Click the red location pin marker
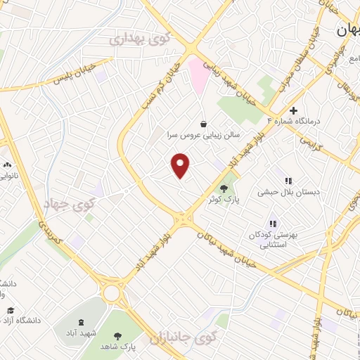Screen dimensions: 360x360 [181, 165]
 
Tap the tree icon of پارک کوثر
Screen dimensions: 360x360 [224, 188]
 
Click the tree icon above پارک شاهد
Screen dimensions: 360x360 [117, 335]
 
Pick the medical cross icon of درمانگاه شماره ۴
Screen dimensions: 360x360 [293, 110]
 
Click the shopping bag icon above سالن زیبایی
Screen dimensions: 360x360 [203, 122]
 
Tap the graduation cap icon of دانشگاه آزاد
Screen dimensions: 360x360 [10, 310]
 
